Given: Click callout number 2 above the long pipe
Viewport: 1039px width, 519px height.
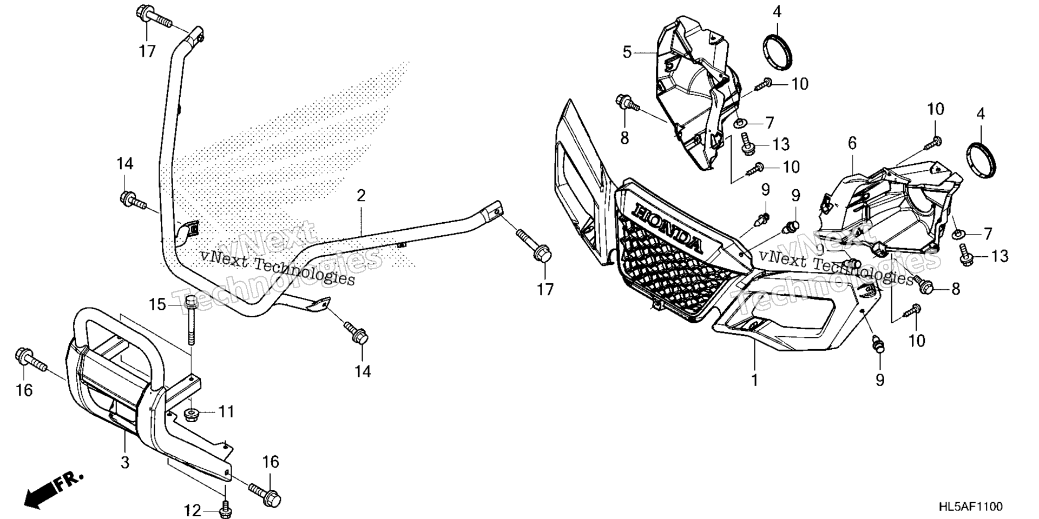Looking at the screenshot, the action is pyautogui.click(x=361, y=195).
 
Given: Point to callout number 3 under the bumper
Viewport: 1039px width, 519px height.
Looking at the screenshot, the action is pyautogui.click(x=125, y=463).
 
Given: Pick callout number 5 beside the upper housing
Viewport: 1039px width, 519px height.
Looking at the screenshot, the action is pyautogui.click(x=627, y=52).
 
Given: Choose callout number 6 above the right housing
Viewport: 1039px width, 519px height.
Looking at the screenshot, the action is pyautogui.click(x=852, y=143).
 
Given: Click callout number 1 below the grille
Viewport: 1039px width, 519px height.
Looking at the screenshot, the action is pyautogui.click(x=754, y=380).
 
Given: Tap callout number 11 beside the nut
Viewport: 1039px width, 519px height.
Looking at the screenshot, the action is pyautogui.click(x=226, y=411).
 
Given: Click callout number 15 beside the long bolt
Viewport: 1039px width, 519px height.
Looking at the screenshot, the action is pyautogui.click(x=157, y=305).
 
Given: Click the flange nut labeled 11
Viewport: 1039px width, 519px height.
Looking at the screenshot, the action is pyautogui.click(x=192, y=415).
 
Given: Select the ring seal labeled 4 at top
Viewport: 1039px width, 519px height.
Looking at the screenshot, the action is pyautogui.click(x=778, y=52).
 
